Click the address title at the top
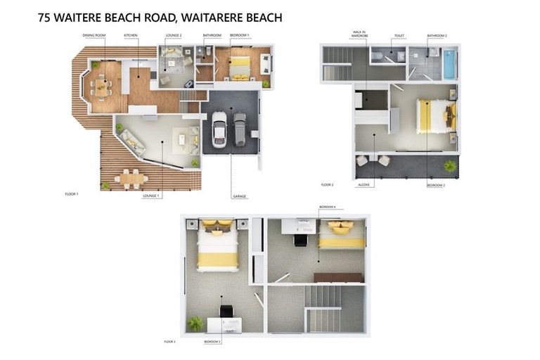coord(160,18)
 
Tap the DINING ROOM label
coord(94,34)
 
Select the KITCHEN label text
coord(131,34)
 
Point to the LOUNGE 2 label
coord(174,34)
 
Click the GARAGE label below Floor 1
coord(238,196)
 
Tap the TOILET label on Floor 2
coord(399,34)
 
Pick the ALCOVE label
coord(364,185)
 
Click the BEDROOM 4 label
coord(328,207)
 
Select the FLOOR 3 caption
coord(169,342)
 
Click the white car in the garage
coord(219,129)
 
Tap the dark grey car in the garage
coord(240,129)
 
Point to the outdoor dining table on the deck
coord(131,179)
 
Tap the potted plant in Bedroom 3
coord(194,323)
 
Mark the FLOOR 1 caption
coord(71,193)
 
